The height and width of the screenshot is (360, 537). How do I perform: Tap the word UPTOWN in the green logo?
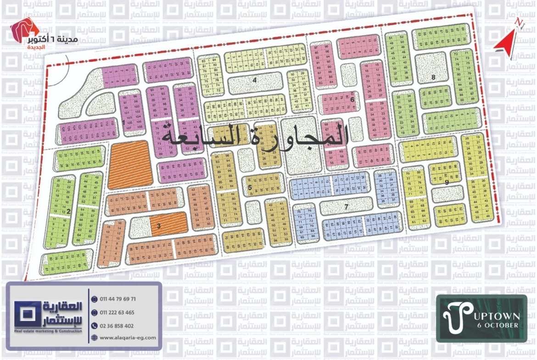click(x=495, y=316)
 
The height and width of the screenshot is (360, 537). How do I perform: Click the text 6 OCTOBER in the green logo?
click(x=498, y=325)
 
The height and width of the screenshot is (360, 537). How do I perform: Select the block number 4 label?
click(x=254, y=80)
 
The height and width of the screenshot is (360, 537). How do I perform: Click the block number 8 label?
click(x=433, y=78)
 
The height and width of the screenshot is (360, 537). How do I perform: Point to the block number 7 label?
click(x=346, y=207)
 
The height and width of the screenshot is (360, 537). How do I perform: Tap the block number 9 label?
click(x=446, y=182)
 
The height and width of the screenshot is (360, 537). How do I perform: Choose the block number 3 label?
click(x=158, y=226)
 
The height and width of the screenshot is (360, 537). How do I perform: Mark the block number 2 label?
click(x=68, y=211)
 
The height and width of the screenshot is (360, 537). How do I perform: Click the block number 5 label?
click(x=250, y=188)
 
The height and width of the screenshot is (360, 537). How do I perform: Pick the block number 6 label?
click(x=352, y=100)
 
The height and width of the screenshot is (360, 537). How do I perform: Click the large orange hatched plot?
click(x=130, y=164)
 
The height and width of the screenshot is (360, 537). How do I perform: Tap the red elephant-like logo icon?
click(x=19, y=31)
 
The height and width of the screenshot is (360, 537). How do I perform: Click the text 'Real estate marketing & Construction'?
click(x=48, y=331)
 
